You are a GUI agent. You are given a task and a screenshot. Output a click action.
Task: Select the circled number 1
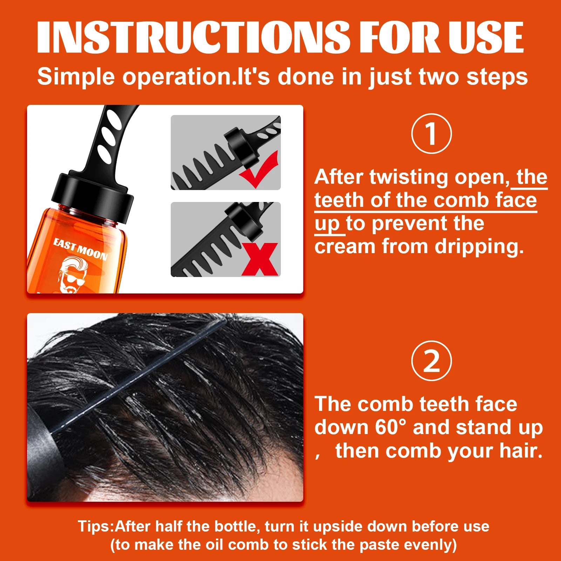[x=431, y=134]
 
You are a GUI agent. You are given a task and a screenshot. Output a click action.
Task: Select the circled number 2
[x=431, y=361]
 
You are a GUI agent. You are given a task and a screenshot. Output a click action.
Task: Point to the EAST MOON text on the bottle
[x=80, y=249]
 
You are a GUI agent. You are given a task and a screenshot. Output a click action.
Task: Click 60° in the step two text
[x=390, y=427]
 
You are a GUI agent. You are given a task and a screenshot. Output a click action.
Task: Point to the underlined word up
[x=327, y=224]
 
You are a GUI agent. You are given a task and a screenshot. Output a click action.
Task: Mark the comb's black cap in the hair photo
[x=40, y=452]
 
